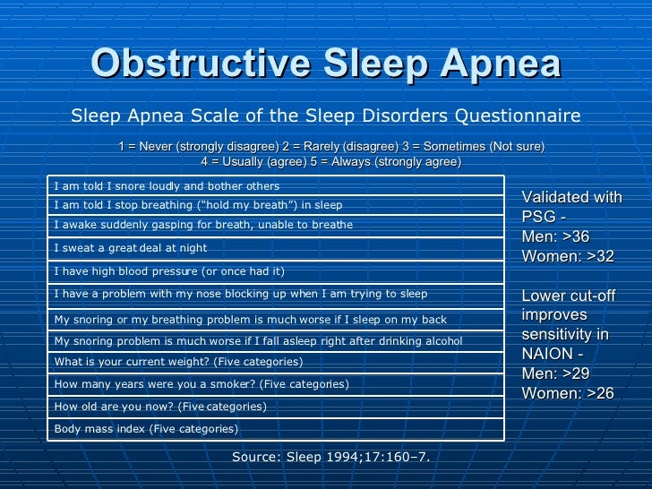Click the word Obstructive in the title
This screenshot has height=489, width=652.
pos(181,64)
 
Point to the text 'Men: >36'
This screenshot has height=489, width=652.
pos(555,236)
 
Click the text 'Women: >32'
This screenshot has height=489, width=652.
pos(567,256)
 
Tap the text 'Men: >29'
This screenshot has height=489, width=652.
pos(555,373)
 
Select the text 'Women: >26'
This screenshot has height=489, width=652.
pos(567,393)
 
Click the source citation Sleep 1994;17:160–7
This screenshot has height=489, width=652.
pos(331,457)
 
